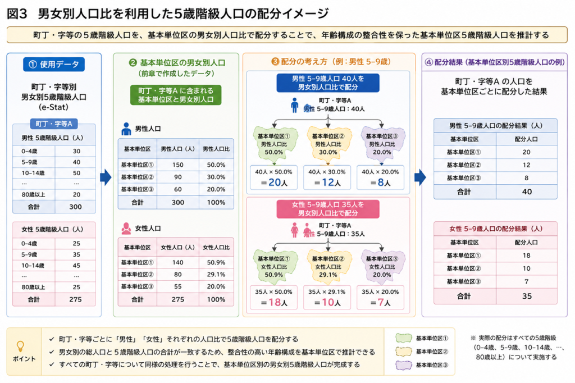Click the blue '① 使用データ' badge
tap(54, 65)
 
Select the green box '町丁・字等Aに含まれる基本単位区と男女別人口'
tap(176, 95)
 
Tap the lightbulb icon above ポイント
tap(21, 346)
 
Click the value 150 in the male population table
tap(178, 165)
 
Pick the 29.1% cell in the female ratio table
tap(216, 275)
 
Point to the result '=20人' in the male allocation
tap(274, 183)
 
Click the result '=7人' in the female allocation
tap(380, 302)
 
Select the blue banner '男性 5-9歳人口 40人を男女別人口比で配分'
tap(328, 83)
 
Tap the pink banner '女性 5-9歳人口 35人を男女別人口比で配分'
tap(328, 209)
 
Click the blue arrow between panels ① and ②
tap(106, 177)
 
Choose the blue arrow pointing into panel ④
tap(420, 177)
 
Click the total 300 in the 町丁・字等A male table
tap(75, 207)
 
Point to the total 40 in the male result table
tap(527, 192)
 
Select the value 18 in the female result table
tap(527, 256)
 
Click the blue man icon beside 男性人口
tap(126, 129)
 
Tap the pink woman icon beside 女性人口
tap(126, 228)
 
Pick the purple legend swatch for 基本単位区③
tap(403, 365)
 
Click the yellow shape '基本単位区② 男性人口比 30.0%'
tap(328, 144)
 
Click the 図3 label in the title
tap(17, 14)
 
